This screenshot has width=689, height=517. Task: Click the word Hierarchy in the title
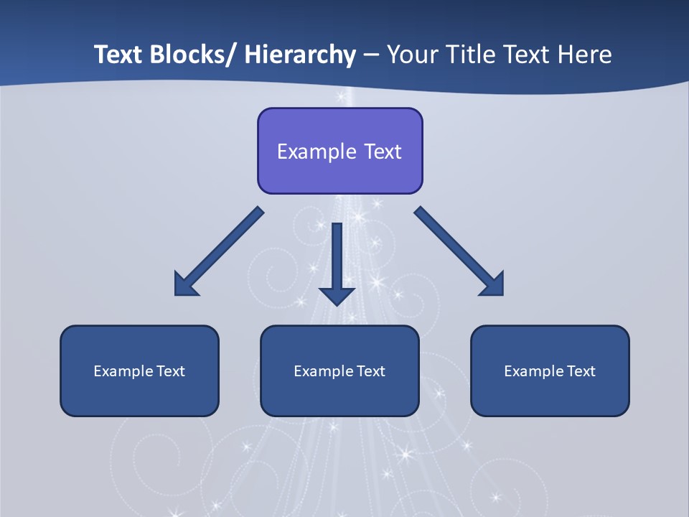tap(300, 55)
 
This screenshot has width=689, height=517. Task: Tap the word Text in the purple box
tap(382, 152)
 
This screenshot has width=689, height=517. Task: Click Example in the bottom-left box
tap(123, 371)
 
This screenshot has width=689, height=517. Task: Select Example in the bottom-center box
tap(324, 371)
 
